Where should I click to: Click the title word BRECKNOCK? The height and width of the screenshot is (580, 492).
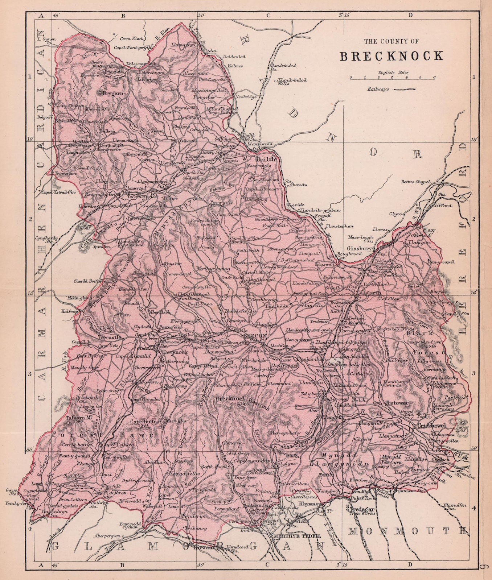(x=391, y=56)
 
